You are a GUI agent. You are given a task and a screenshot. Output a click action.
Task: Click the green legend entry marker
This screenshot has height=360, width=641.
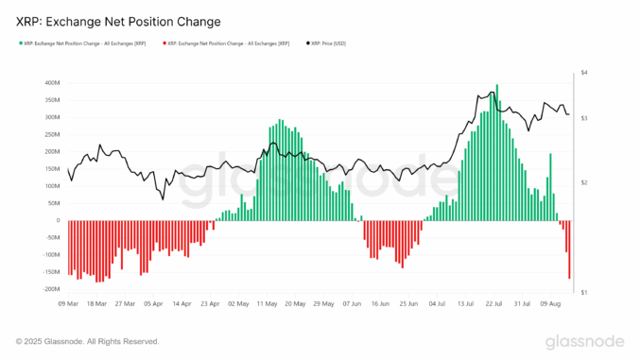point(21,43)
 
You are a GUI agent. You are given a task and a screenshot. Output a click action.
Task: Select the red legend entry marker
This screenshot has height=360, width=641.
point(164,43)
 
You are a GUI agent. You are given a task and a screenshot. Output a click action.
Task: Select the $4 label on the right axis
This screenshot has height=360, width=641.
point(584,73)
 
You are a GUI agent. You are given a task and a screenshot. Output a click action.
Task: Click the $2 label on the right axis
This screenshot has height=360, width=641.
point(584,182)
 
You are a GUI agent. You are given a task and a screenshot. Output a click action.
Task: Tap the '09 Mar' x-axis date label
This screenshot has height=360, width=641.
point(68,304)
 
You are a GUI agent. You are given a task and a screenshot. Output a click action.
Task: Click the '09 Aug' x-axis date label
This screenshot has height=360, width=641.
point(550,304)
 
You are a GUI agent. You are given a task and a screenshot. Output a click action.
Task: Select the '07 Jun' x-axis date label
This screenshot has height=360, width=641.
point(351,304)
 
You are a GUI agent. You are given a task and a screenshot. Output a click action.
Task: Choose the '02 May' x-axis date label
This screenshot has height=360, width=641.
point(237,304)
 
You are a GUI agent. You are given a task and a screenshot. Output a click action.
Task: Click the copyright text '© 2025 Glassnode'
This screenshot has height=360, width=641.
point(87,341)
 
